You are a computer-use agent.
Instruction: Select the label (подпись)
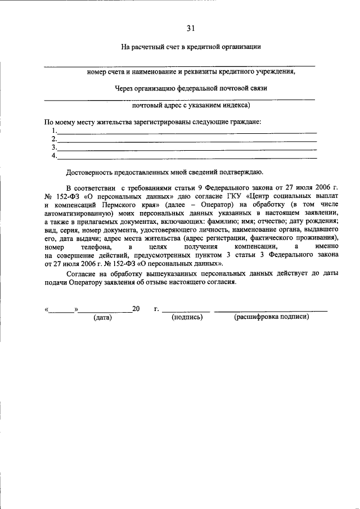pos(187,317)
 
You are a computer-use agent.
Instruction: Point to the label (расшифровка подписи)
pos(271,317)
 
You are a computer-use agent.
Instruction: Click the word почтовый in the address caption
pos(147,105)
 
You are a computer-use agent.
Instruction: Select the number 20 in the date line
pos(136,309)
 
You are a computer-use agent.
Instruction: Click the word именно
pos(327,246)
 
